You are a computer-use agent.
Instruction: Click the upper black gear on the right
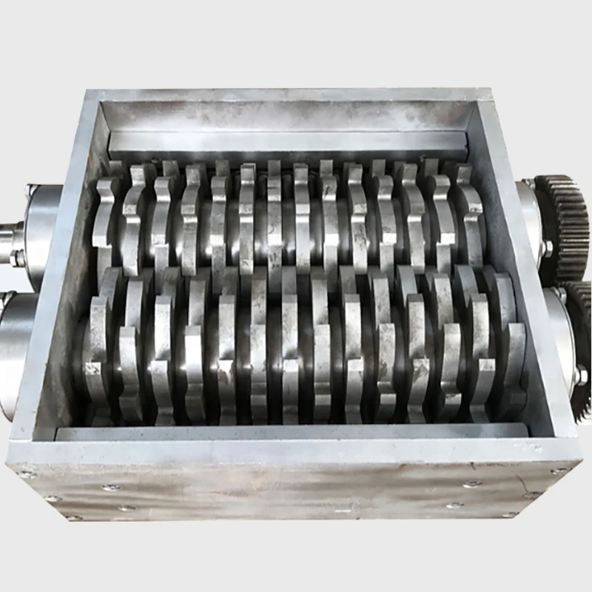(x=567, y=222)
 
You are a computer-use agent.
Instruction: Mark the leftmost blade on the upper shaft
(x=106, y=222)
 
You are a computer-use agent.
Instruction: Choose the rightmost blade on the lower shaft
(x=511, y=348)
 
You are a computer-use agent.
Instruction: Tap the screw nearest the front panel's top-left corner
(x=27, y=474)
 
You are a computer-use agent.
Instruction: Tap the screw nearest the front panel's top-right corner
(x=551, y=471)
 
